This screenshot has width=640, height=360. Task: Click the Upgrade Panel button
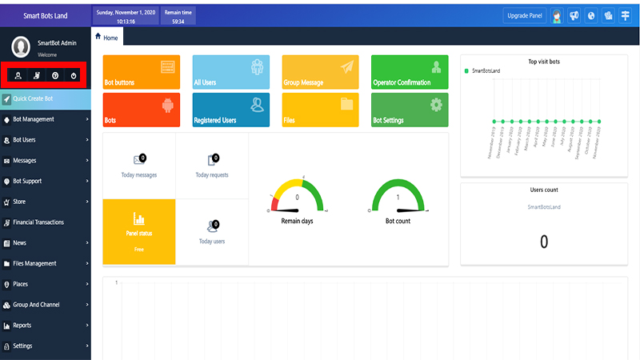tap(525, 15)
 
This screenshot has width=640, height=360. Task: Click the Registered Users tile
tap(231, 110)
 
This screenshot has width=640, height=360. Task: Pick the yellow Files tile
tap(320, 110)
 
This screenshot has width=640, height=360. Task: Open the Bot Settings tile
tap(410, 110)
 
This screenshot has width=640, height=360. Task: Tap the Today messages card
tap(139, 166)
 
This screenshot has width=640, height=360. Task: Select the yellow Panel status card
tap(139, 231)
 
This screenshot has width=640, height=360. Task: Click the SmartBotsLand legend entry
tap(486, 71)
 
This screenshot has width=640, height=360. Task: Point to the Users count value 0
tap(544, 242)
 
